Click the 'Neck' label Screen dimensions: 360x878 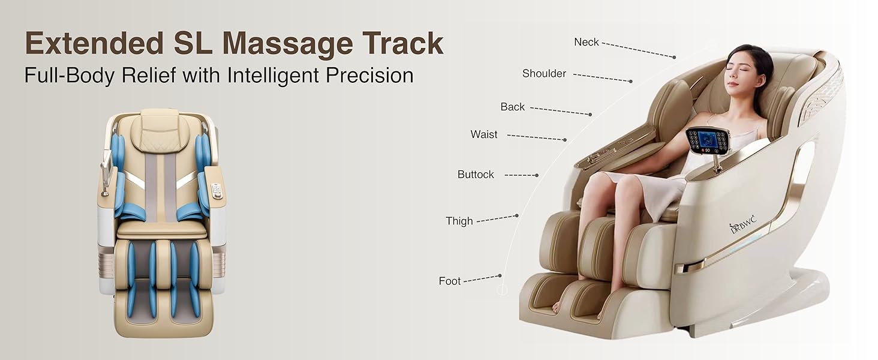point(586,42)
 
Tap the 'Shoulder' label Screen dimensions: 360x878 point(544,73)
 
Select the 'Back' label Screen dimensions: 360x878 point(512,107)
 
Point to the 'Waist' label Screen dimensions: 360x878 point(484,134)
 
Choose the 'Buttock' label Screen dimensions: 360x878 point(476,175)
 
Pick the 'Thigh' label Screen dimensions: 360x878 point(459,221)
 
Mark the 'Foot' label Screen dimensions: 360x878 point(449,281)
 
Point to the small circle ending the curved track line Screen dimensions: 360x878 point(503,290)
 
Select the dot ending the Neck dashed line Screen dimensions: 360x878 point(674,58)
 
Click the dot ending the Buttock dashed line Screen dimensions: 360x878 point(537,175)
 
